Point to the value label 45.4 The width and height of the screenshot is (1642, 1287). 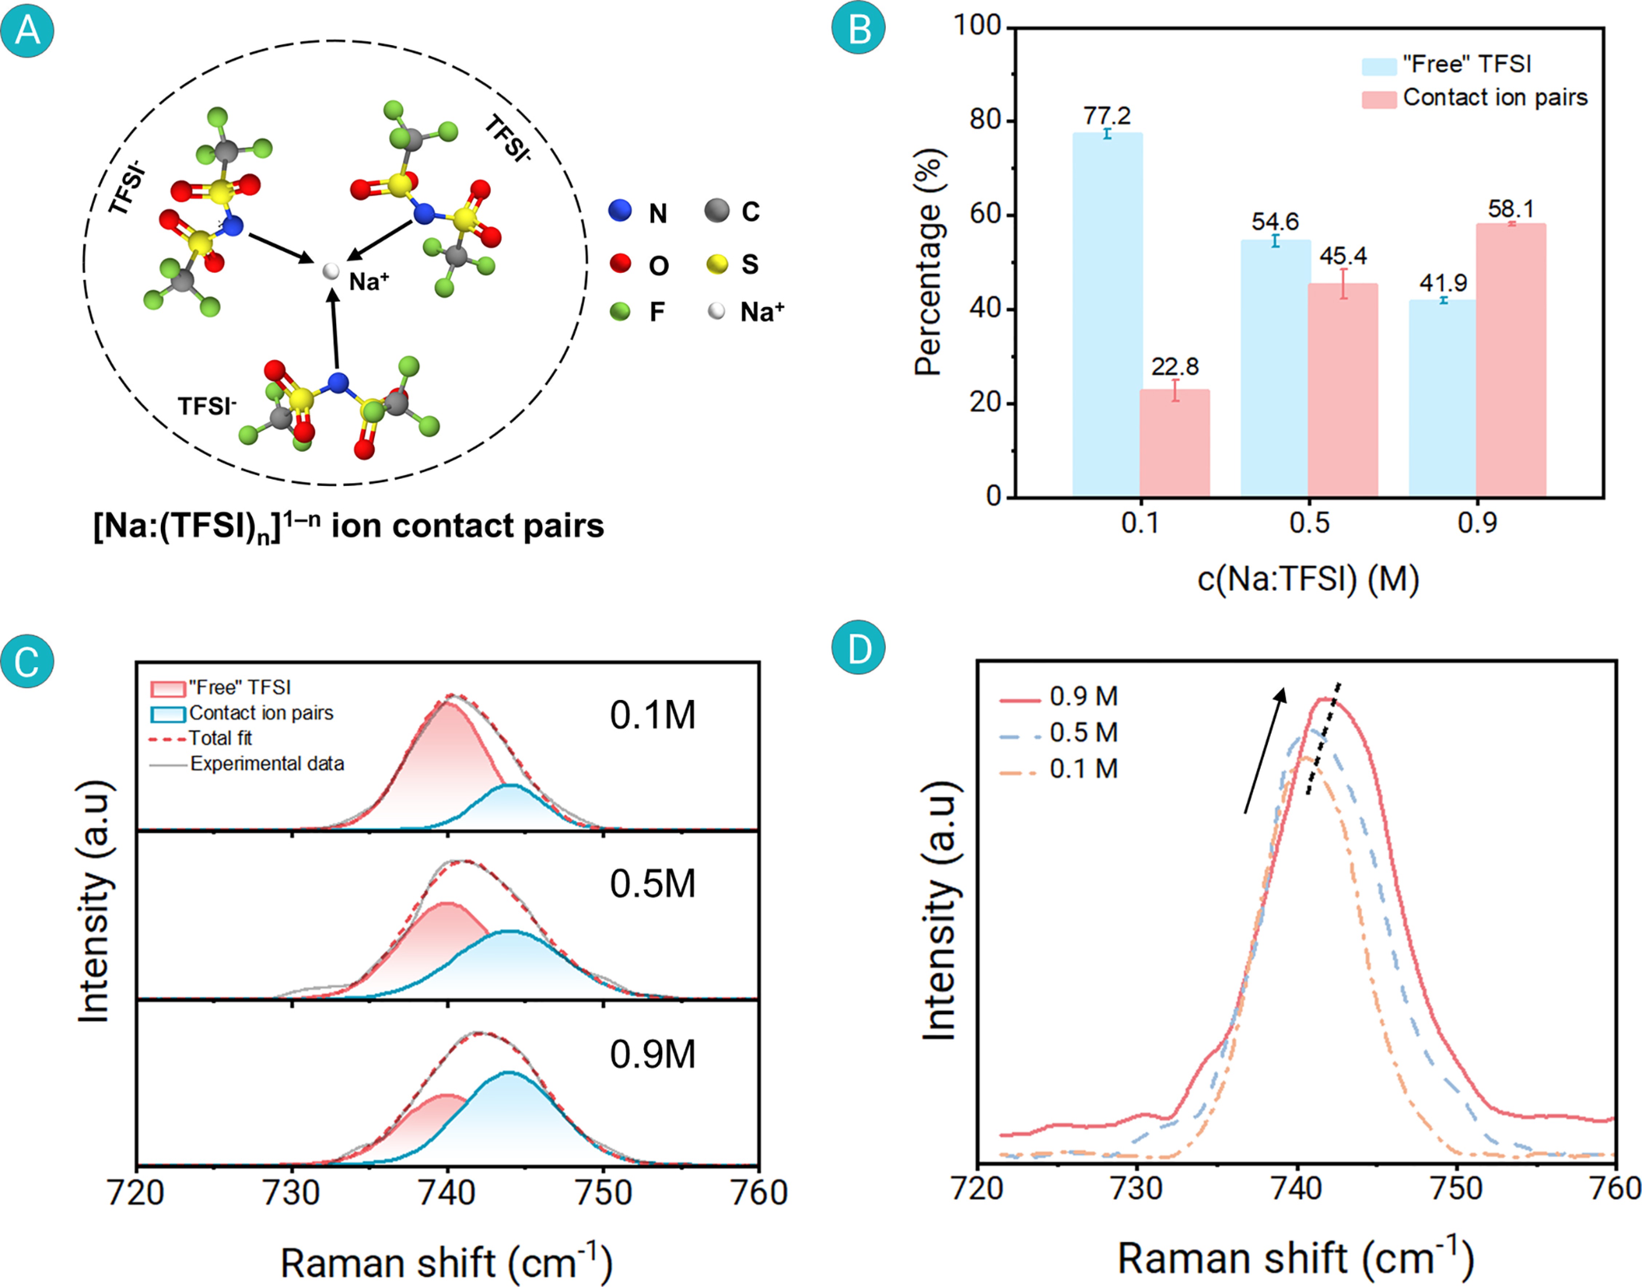(x=1343, y=256)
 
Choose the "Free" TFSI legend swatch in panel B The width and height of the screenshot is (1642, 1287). (x=1379, y=65)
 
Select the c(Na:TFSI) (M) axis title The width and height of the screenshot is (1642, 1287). (x=1308, y=579)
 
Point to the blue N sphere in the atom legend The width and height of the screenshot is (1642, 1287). (x=620, y=211)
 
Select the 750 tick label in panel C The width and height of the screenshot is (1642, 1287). (x=603, y=1193)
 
